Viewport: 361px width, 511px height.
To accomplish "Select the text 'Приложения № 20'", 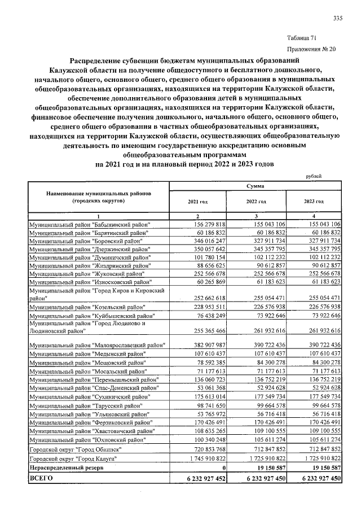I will [311, 49].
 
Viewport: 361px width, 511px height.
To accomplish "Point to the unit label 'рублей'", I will [313, 176].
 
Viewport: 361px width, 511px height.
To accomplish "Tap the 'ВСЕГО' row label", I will [43, 479].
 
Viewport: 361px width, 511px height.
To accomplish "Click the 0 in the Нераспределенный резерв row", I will [223, 469].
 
